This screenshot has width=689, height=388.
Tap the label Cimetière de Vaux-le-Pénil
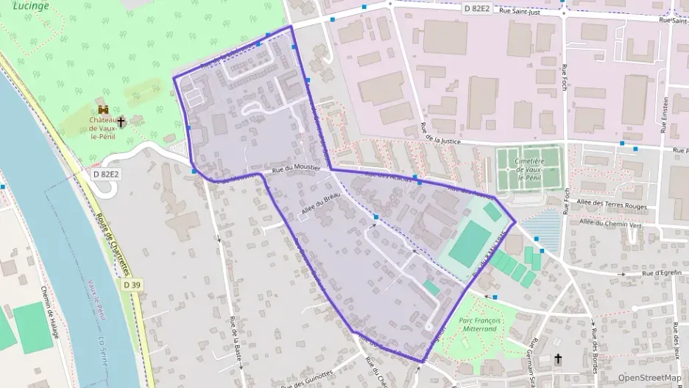[x=530, y=169]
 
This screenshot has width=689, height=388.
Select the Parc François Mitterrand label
[x=479, y=325]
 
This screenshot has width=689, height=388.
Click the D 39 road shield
[x=132, y=284]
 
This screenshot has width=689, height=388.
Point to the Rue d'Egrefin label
[x=663, y=273]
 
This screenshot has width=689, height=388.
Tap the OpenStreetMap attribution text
[x=649, y=378]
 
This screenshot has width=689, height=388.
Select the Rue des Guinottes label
[x=308, y=378]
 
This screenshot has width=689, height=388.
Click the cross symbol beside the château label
[x=121, y=121]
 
